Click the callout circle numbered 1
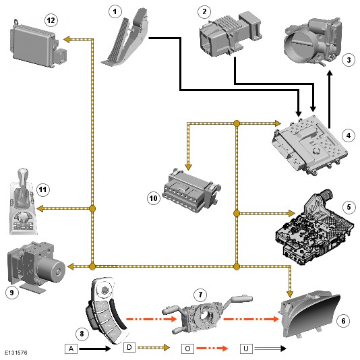(115, 11)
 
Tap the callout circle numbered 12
(51, 20)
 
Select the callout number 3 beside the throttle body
(349, 60)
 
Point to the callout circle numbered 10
(154, 198)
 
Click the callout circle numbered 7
(200, 295)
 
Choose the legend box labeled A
(71, 349)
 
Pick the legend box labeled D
(129, 347)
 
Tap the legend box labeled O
(187, 349)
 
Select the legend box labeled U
(246, 349)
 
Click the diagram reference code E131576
(16, 353)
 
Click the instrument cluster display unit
(310, 314)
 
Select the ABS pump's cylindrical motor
(52, 268)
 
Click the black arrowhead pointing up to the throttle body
(330, 73)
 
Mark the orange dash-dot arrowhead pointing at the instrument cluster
(276, 319)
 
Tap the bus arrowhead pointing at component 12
(67, 40)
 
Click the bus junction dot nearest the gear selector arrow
(92, 209)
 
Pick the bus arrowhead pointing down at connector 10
(189, 167)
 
